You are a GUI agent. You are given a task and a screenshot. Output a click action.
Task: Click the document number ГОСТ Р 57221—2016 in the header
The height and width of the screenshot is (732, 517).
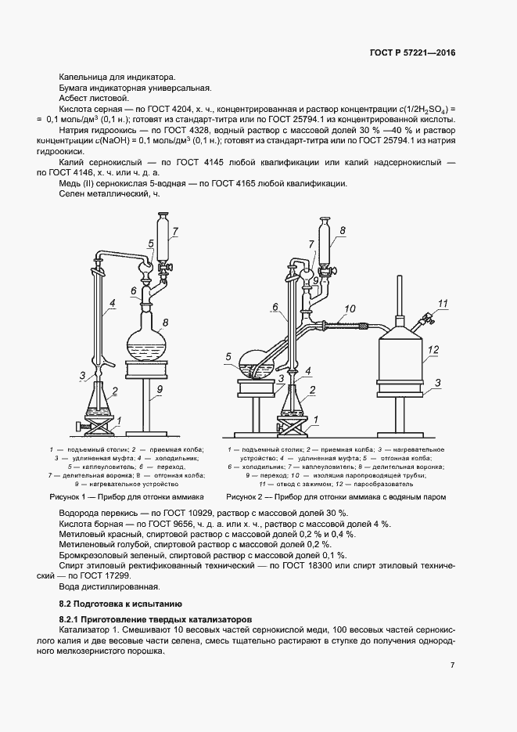412,52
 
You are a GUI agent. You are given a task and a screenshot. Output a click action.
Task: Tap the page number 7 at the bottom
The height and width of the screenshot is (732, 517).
453,665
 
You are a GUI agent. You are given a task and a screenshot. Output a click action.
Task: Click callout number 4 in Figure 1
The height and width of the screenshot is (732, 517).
113,303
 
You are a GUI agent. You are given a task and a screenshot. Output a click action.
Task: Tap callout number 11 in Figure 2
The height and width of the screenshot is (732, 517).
443,303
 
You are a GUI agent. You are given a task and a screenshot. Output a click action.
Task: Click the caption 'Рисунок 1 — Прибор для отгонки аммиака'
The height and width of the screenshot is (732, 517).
127,496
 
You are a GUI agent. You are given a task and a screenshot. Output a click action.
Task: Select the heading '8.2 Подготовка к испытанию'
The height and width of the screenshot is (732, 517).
120,604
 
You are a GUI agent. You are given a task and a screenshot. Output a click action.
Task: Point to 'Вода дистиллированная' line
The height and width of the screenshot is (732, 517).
109,586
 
